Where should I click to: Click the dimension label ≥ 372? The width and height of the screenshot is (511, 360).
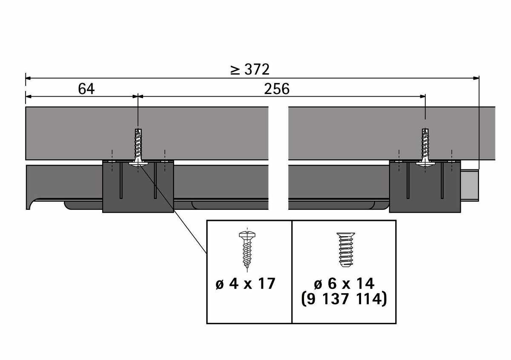pyautogui.click(x=250, y=69)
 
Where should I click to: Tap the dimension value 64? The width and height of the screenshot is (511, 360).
pyautogui.click(x=86, y=89)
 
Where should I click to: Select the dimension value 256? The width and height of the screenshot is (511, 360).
pyautogui.click(x=277, y=89)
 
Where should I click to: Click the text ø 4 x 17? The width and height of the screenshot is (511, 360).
pyautogui.click(x=245, y=284)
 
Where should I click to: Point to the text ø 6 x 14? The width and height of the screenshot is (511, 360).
pyautogui.click(x=344, y=284)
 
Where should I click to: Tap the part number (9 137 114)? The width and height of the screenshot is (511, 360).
pyautogui.click(x=344, y=299)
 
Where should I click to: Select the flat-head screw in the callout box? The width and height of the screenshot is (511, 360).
pyautogui.click(x=346, y=250)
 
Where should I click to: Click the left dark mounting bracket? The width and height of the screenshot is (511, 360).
pyautogui.click(x=138, y=186)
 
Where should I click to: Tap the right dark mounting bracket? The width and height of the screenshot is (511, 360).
pyautogui.click(x=425, y=186)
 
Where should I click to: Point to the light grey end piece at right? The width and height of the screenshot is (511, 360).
pyautogui.click(x=470, y=186)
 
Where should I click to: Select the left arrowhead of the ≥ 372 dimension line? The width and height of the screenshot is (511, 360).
pyautogui.click(x=28, y=78)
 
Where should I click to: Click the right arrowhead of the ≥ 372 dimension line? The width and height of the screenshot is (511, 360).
pyautogui.click(x=476, y=78)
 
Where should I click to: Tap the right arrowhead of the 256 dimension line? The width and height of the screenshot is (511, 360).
pyautogui.click(x=422, y=97)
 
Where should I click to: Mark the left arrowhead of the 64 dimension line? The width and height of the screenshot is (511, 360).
pyautogui.click(x=28, y=97)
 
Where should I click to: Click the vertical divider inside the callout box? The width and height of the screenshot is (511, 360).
pyautogui.click(x=292, y=272)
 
